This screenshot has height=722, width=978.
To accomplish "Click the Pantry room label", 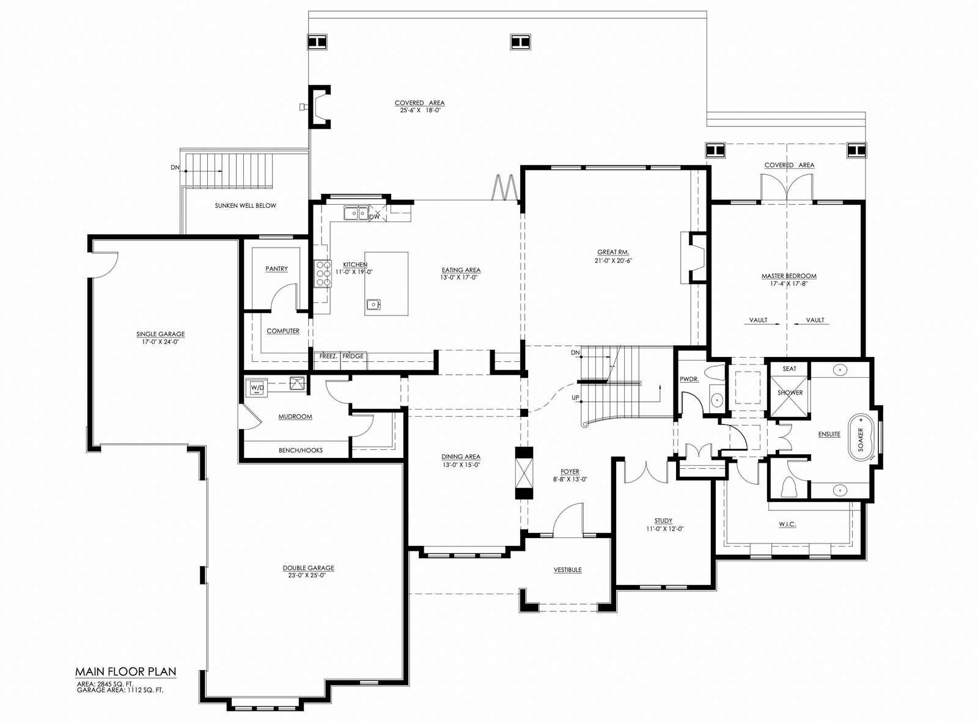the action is pos(276,268).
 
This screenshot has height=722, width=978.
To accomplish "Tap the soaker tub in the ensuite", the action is pos(861,439).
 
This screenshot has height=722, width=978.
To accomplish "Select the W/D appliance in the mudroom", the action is pos(257,388).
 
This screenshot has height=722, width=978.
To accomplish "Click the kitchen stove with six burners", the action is pos(323,273).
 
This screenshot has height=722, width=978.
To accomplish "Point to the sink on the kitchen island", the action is pos(373,304).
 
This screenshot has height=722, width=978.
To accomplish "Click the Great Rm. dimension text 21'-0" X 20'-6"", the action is pos(613,260).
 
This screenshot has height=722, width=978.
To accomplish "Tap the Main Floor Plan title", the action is pos(126,672).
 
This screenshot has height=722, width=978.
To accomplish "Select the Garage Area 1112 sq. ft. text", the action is pos(120,690).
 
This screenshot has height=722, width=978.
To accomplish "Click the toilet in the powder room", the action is pos(715,373).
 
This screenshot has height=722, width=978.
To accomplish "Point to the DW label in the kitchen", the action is pos(374,216).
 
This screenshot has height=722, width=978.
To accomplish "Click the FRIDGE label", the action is pos(353,356).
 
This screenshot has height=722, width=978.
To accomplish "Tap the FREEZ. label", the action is pos(328,356).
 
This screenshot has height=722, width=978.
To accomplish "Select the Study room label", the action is pos(663,520).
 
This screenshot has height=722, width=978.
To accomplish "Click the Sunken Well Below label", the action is pos(246,205).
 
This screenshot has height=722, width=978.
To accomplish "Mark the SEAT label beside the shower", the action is pos(789,369).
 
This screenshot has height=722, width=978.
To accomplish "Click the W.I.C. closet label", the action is pos(787,525).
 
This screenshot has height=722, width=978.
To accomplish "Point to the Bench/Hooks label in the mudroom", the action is pos(301,451).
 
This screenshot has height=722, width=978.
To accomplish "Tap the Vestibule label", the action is pos(567,570).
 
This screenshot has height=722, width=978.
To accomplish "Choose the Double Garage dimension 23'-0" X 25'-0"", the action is pos(308,575).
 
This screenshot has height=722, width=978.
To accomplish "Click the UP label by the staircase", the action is pos(575,397).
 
